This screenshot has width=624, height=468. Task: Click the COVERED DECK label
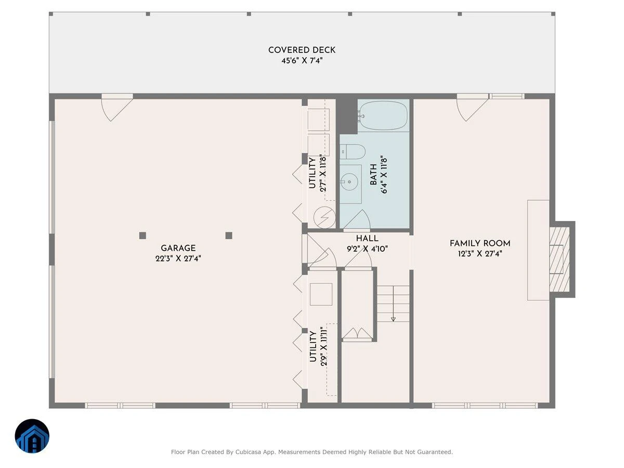coord(302,50)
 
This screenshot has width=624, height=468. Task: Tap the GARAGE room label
coord(178,248)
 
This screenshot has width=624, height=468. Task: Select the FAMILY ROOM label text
coord(480,243)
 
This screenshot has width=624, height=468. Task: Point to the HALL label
coord(367,238)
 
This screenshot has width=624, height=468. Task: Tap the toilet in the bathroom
coord(353,151)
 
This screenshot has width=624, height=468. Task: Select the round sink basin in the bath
coord(349,181)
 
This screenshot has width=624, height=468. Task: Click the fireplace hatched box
coord(559,259)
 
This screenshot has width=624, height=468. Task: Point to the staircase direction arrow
coord(393,304)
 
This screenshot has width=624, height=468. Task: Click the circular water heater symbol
coord(324,217)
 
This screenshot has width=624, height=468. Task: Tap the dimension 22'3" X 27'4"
coord(178,258)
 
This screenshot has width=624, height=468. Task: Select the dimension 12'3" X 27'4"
coord(480,253)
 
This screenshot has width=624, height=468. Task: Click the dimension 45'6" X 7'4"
coord(302,60)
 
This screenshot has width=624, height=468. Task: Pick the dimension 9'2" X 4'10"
coord(367,249)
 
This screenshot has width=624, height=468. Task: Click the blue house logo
coord(32,436)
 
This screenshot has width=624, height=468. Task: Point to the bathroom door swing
coord(357,219)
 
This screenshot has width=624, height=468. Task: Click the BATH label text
coord(373,175)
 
